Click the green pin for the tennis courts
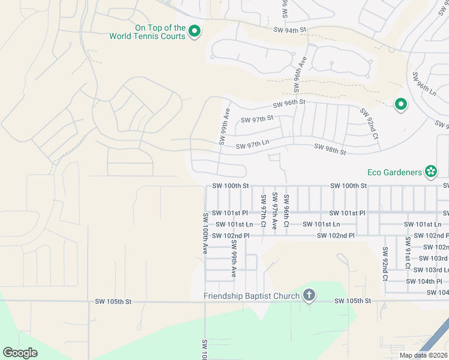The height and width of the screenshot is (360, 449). tap(194, 31)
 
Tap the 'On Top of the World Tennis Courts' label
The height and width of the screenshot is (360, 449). tap(151, 32)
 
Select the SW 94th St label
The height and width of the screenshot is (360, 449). tap(289, 29)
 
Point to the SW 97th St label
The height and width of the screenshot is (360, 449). tap(257, 119)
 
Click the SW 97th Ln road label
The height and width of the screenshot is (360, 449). tap(252, 146)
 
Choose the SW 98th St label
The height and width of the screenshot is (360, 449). tap(330, 149)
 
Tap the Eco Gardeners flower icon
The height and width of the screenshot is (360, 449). tap(430, 172)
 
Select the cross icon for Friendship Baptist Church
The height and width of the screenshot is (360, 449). tap(309, 295)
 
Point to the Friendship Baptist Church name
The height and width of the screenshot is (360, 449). tap(251, 296)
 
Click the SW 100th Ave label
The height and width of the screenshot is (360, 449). tap(205, 233)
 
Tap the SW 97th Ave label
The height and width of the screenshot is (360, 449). tap(275, 211)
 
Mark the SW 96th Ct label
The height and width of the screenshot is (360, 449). tap(286, 211)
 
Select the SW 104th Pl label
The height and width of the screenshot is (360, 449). tap(424, 281)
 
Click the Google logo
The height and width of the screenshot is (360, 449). tap(20, 352)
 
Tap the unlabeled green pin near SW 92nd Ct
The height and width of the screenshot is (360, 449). tap(400, 106)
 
